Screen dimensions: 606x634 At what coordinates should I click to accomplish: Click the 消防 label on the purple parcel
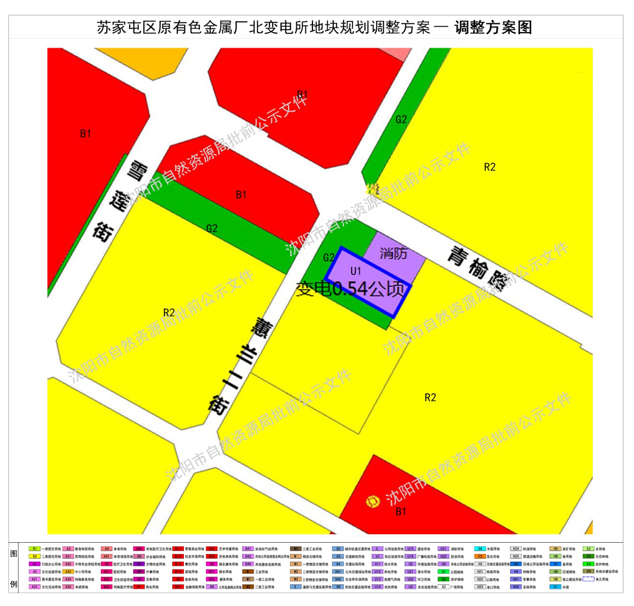coord(393,253)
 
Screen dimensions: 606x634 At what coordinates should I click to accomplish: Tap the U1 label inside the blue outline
coord(355,271)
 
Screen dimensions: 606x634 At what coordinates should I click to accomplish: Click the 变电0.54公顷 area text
coord(350,289)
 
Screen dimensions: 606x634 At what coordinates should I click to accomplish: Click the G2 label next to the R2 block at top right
coord(401,119)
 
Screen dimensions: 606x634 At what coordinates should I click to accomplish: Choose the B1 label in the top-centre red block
coord(302,94)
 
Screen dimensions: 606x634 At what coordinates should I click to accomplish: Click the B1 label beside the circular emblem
coord(401,511)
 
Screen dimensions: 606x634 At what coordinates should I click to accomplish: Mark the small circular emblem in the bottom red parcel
coord(372,501)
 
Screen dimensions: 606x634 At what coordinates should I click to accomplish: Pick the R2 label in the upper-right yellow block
coord(489,167)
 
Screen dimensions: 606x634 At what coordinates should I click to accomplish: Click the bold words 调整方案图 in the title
coord(493,27)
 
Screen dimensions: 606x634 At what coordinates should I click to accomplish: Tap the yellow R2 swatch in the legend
coord(34,556)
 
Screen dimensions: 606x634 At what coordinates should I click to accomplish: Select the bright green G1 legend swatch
coord(443,572)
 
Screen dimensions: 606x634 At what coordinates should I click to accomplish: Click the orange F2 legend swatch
coord(479,556)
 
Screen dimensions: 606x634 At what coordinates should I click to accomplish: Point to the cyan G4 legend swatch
coord(479,549)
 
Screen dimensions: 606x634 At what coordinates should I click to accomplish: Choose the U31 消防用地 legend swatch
coord(443,549)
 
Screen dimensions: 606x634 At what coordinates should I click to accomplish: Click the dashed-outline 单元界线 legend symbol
coord(588,579)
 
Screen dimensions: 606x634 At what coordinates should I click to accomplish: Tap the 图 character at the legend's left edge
coord(14,553)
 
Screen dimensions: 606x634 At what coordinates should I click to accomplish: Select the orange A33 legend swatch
coord(68,572)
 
